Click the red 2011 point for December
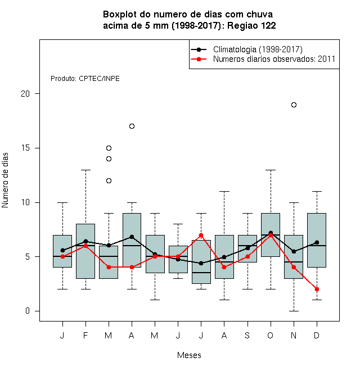(x=317, y=289)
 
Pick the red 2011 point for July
(x=201, y=235)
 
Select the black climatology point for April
(x=132, y=237)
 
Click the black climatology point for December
(x=317, y=242)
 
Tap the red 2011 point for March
(x=109, y=267)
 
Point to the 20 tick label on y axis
(x=25, y=94)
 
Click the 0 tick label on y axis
(x=28, y=311)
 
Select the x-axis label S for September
(x=247, y=335)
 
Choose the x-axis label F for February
(x=85, y=335)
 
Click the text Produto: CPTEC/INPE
(x=85, y=79)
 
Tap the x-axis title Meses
(x=189, y=355)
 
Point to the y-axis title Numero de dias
(x=5, y=180)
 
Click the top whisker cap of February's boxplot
(x=85, y=170)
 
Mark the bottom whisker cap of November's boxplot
(x=294, y=311)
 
